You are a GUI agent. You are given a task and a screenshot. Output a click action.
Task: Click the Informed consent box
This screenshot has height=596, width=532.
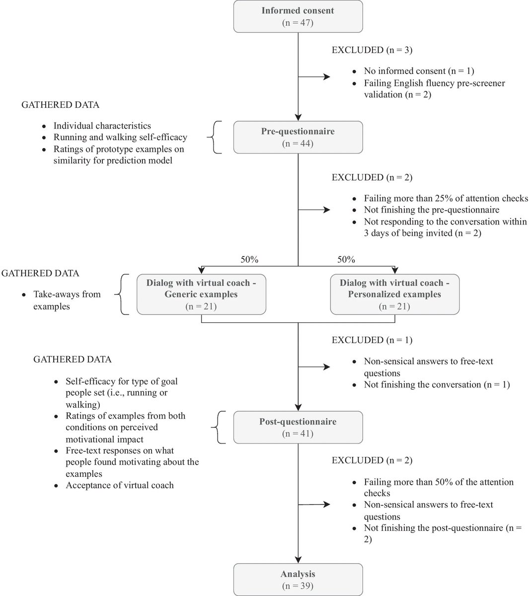click(x=298, y=16)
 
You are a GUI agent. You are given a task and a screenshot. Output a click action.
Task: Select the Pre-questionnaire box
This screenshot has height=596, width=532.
click(x=298, y=137)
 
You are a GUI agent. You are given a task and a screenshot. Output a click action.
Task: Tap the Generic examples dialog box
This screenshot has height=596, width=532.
click(x=201, y=295)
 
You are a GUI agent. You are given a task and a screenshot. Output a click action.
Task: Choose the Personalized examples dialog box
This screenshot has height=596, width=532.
click(x=394, y=295)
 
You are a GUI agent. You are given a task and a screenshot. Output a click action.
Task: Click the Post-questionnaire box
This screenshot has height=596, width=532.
click(x=298, y=427)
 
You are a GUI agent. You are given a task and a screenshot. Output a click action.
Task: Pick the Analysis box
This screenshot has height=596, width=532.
click(x=298, y=580)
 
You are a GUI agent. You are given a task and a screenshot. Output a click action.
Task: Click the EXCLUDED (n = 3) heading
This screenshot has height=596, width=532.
click(x=372, y=50)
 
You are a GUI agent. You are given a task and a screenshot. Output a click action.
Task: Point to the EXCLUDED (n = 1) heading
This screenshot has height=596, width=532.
click(x=372, y=340)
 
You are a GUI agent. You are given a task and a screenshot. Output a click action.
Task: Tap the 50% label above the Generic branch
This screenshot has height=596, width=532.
click(x=249, y=259)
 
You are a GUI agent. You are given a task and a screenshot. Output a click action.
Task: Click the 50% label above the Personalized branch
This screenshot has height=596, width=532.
click(x=346, y=259)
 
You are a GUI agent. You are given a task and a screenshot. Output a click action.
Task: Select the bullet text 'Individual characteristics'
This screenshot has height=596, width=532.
click(x=102, y=126)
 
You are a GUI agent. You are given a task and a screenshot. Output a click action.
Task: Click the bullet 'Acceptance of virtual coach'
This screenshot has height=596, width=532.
click(x=120, y=485)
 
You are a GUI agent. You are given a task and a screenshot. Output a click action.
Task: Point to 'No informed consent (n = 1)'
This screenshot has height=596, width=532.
click(x=419, y=71)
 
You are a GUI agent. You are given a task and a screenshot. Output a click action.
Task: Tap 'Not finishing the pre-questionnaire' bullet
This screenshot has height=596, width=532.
click(x=431, y=210)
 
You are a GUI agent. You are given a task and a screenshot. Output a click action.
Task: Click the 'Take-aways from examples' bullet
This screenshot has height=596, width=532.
click(x=67, y=300)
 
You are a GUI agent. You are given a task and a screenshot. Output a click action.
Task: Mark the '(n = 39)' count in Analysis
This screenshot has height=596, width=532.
click(x=298, y=586)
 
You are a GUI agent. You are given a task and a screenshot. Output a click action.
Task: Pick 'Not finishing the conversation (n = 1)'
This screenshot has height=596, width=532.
click(x=437, y=385)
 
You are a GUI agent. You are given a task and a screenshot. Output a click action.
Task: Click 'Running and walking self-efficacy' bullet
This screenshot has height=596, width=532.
click(x=120, y=138)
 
